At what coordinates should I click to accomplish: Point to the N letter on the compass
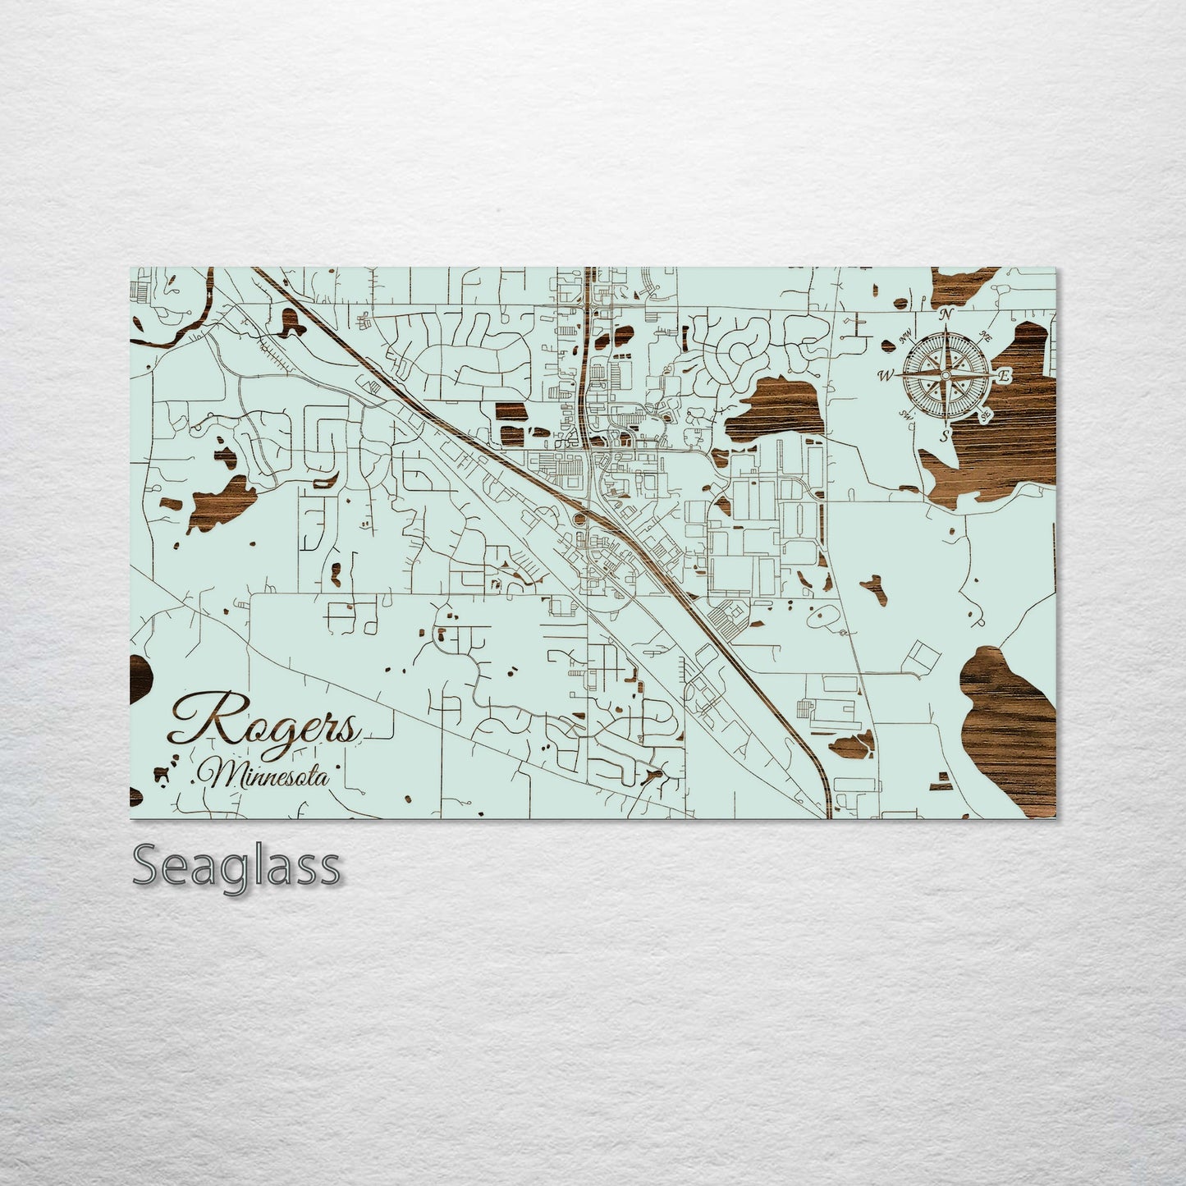946,314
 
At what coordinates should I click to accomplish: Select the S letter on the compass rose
945,434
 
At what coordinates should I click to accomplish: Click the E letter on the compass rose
1003,374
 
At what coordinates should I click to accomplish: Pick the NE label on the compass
987,337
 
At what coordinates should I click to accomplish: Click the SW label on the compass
906,413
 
